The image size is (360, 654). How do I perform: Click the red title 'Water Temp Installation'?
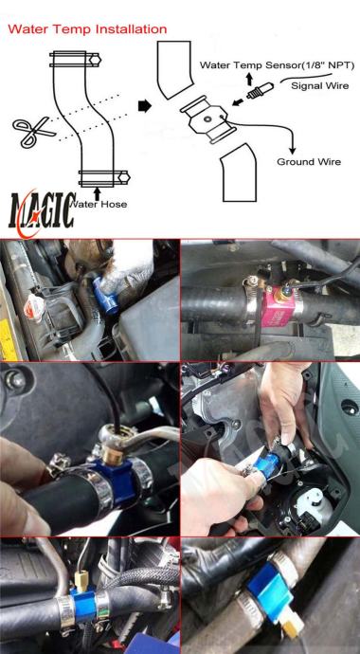pyautogui.click(x=87, y=29)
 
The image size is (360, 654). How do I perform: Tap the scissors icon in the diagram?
pyautogui.click(x=34, y=132)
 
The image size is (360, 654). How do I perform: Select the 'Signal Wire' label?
pyautogui.click(x=319, y=86)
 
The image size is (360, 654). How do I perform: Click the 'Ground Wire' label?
pyautogui.click(x=309, y=162)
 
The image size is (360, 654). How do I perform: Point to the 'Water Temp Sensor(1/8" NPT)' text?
pyautogui.click(x=277, y=65)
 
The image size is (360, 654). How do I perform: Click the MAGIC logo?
pyautogui.click(x=42, y=215)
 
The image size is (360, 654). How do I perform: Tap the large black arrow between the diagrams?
pyautogui.click(x=144, y=106)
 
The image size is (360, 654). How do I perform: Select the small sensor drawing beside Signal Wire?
pyautogui.click(x=260, y=91)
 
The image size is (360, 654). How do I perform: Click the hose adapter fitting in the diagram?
pyautogui.click(x=207, y=119)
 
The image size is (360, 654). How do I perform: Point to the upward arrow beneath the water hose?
pyautogui.click(x=98, y=194)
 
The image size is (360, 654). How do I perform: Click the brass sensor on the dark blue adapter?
pyautogui.click(x=112, y=456)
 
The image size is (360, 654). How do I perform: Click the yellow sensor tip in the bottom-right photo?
pyautogui.click(x=292, y=626)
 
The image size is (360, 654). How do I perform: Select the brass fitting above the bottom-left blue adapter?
pyautogui.click(x=81, y=578)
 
